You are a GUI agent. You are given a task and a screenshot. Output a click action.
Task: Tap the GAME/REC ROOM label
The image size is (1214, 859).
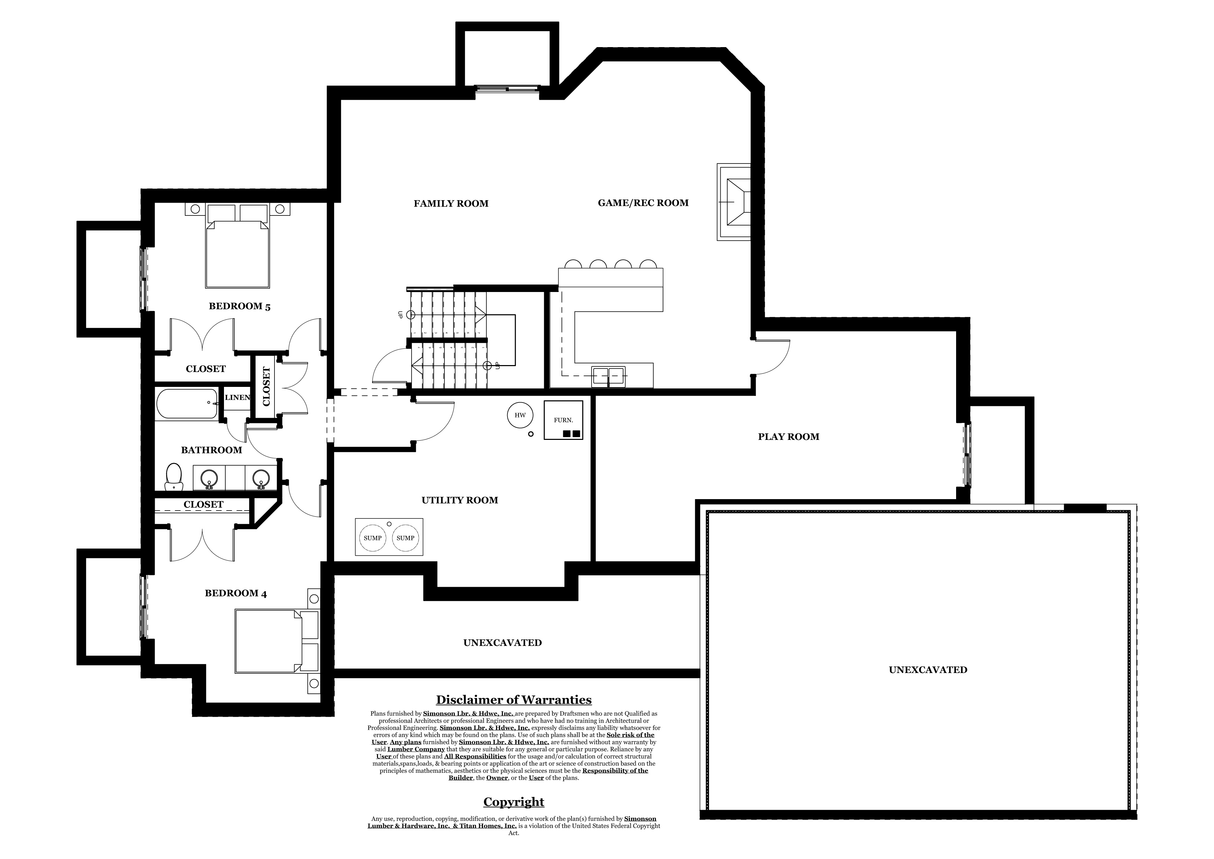coord(643,203)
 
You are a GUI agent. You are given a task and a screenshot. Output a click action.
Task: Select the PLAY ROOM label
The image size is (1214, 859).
coord(788,437)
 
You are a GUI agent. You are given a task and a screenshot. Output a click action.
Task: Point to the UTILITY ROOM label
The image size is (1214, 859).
coord(459,501)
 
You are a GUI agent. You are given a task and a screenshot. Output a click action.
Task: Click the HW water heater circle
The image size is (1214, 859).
coord(520,415)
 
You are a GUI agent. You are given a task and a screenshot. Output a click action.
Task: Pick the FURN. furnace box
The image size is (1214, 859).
coord(563,420)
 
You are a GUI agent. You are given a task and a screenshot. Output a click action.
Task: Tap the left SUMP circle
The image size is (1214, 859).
coord(373,538)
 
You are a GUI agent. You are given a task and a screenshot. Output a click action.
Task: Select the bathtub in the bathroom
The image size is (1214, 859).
coord(187,404)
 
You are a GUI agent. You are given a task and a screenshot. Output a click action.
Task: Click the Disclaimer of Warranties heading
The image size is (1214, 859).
coord(513,700)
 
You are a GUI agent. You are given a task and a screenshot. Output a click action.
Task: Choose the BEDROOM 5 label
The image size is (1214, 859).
coord(240,306)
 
